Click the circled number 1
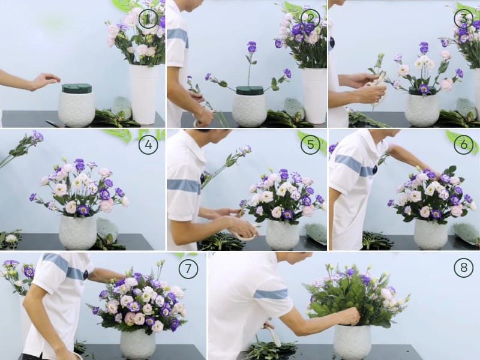[148, 19]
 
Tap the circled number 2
[310, 19]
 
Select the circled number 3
[463, 19]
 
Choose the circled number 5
[310, 145]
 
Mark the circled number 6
[463, 145]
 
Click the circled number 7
[188, 268]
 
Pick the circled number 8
[463, 268]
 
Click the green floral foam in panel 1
[77, 89]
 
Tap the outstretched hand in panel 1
[46, 80]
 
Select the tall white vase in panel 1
[143, 93]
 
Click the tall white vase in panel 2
[314, 95]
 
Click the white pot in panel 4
[78, 232]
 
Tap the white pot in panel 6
[430, 233]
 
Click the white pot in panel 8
[352, 342]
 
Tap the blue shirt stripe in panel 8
[271, 294]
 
